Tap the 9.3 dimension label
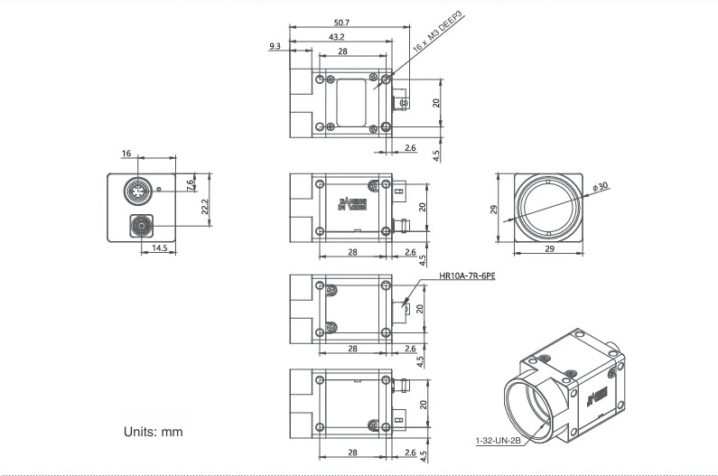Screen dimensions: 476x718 coord(275,45)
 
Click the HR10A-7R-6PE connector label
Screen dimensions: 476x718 coord(467,277)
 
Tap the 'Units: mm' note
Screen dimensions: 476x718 coord(153,432)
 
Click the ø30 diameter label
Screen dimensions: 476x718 coord(600,187)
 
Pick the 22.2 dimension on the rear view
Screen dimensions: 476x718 coord(205,207)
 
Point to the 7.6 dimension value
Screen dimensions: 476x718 coord(190,184)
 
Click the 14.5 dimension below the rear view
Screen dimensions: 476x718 coord(159,247)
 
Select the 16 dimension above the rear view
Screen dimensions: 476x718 coord(126,154)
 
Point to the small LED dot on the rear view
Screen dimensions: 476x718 coord(159,190)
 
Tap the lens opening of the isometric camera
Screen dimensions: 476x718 coord(529,402)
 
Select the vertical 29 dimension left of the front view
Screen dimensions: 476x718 coord(493,209)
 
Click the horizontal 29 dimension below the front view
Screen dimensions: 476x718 coord(549,248)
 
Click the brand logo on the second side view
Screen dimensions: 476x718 coord(351,201)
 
